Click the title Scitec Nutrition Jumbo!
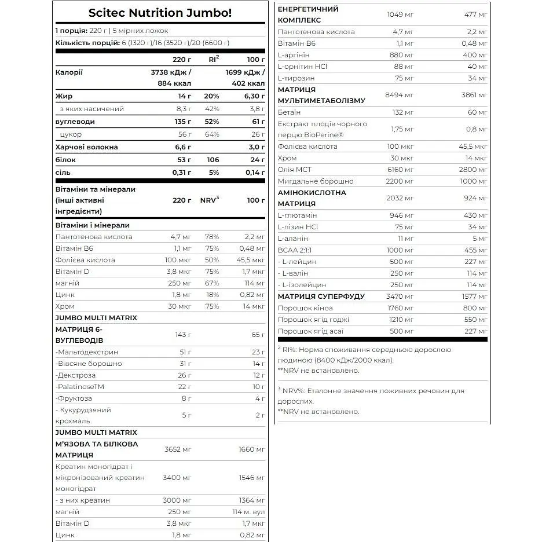coord(160,13)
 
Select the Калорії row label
coord(69,72)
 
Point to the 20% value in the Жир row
coord(212,96)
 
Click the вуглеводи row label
coord(75,122)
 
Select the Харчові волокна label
coord(86,147)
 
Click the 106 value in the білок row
coord(213,160)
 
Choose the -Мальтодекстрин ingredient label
coord(87,352)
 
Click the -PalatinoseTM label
coord(80,387)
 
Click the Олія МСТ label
coord(296,170)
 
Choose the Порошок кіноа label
coord(306,308)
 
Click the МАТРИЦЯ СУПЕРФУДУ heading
coord(321,296)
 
